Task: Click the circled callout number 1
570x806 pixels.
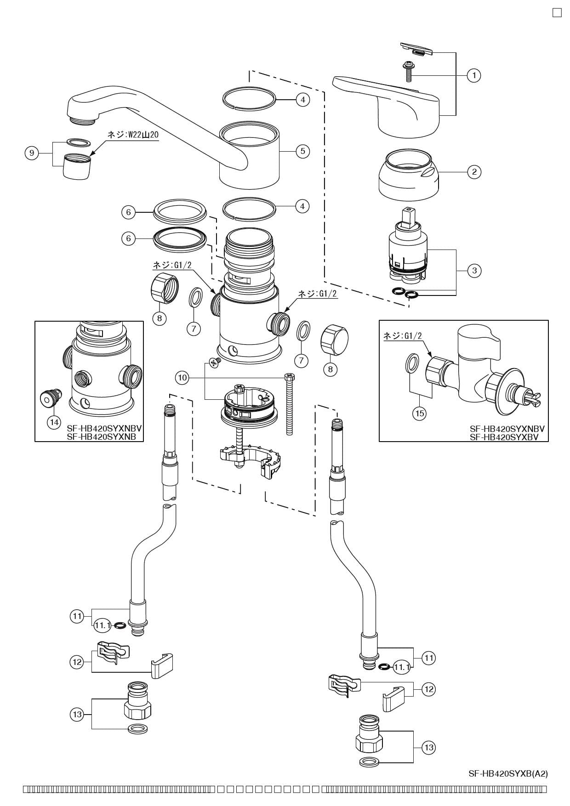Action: tap(474, 75)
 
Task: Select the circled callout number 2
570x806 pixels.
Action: tap(474, 172)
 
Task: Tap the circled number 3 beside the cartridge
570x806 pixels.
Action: tap(474, 271)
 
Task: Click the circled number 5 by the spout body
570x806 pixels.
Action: tap(302, 151)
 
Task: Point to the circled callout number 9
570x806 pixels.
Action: tap(32, 153)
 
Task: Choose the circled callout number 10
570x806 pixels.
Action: tap(182, 378)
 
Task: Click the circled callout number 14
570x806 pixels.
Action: tap(54, 422)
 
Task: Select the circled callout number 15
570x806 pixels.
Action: tap(419, 413)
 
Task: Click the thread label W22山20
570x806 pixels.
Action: tap(133, 135)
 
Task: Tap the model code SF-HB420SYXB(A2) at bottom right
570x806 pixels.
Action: tap(508, 773)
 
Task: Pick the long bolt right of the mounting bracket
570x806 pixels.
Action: tap(290, 404)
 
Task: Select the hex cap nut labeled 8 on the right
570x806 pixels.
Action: tap(334, 340)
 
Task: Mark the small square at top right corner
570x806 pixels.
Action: tap(557, 12)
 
